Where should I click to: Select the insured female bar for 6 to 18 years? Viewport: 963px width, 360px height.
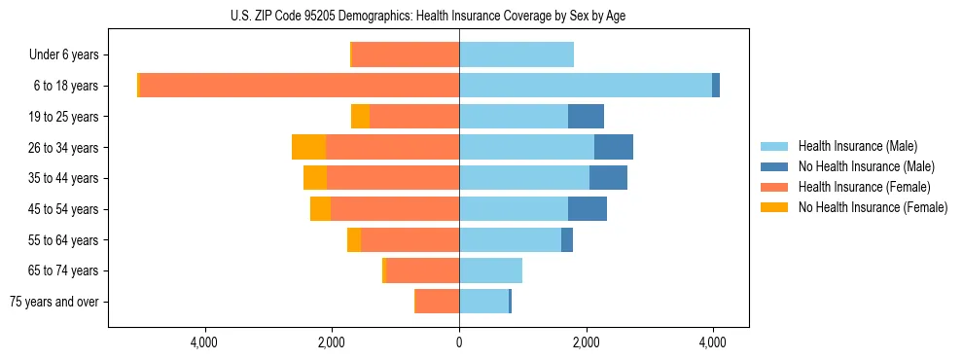[300, 86]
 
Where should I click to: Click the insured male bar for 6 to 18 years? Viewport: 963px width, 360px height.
[586, 86]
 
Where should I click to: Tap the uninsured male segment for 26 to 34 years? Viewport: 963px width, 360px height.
[614, 147]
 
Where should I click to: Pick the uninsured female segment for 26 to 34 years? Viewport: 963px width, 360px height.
[308, 147]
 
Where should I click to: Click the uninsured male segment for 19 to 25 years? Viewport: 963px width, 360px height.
[586, 117]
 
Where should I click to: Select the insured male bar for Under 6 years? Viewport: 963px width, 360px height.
[517, 54]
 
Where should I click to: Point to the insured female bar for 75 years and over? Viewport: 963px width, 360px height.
[437, 302]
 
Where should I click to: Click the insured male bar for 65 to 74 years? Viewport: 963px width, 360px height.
[490, 270]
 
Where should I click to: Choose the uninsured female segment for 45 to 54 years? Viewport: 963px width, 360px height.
[320, 209]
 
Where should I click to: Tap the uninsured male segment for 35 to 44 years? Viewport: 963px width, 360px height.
[608, 178]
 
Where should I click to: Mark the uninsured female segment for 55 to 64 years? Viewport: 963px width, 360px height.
[354, 239]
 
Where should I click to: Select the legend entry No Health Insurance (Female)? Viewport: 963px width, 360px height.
[873, 207]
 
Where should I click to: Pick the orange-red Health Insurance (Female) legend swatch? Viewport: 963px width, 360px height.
[775, 187]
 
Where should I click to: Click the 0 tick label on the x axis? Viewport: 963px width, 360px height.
[459, 342]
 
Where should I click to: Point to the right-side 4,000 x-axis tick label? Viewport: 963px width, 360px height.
[713, 342]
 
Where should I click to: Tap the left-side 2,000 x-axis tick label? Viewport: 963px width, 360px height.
[332, 342]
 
